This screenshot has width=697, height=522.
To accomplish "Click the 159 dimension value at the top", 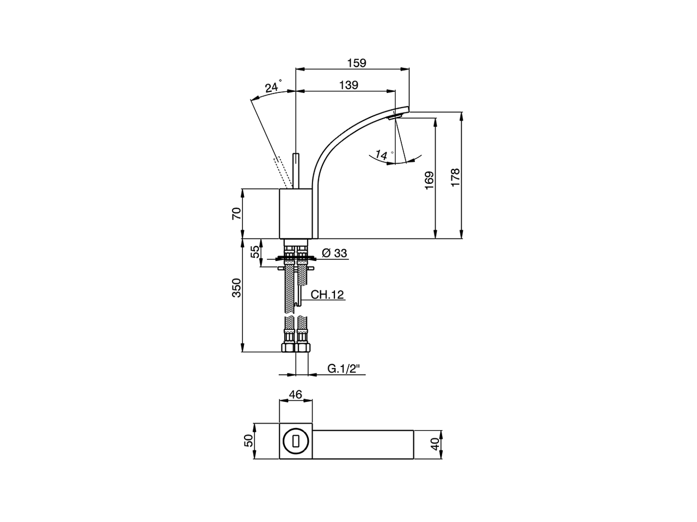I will (357, 63).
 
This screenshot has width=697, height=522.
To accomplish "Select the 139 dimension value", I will (348, 85).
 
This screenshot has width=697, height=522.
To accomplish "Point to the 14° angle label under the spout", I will (383, 155).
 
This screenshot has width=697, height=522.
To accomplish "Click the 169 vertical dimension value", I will (429, 180).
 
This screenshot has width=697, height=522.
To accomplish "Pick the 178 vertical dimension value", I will (455, 177).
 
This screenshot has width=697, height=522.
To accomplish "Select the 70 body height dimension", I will (236, 213).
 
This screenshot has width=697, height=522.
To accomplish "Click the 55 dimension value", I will (254, 252).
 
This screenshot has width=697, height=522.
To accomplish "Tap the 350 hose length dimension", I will (236, 288).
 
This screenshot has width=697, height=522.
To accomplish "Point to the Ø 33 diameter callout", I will (334, 253).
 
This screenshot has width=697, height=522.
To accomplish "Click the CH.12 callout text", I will (327, 295).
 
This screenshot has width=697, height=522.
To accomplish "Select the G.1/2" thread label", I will (345, 369).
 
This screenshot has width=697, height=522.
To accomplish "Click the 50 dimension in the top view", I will (249, 441).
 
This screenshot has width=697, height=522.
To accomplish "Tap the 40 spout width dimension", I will (435, 444).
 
